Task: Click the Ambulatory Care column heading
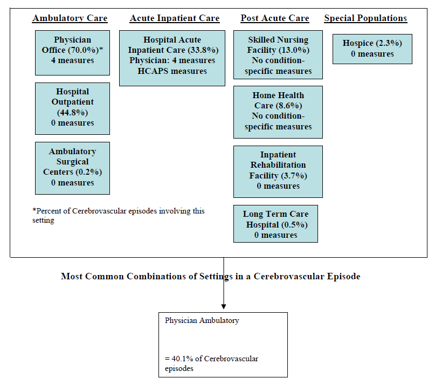tap(70, 18)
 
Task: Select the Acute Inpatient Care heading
tap(175, 18)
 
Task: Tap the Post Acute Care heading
tap(275, 18)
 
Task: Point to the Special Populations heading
tap(365, 18)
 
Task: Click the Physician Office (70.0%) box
tap(72, 52)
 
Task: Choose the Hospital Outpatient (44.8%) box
tap(72, 108)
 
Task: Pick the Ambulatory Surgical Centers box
tap(72, 168)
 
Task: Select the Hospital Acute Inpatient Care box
tap(172, 58)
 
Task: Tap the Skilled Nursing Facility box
tap(278, 55)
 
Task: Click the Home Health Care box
tap(278, 112)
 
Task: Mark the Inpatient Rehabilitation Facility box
tap(278, 171)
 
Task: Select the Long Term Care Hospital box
tap(275, 223)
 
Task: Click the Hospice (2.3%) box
tap(372, 49)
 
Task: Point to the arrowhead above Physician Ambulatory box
tap(223, 306)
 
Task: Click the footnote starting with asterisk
tap(119, 215)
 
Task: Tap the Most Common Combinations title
tap(210, 276)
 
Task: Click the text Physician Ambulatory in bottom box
tap(202, 320)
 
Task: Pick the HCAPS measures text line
tap(172, 71)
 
